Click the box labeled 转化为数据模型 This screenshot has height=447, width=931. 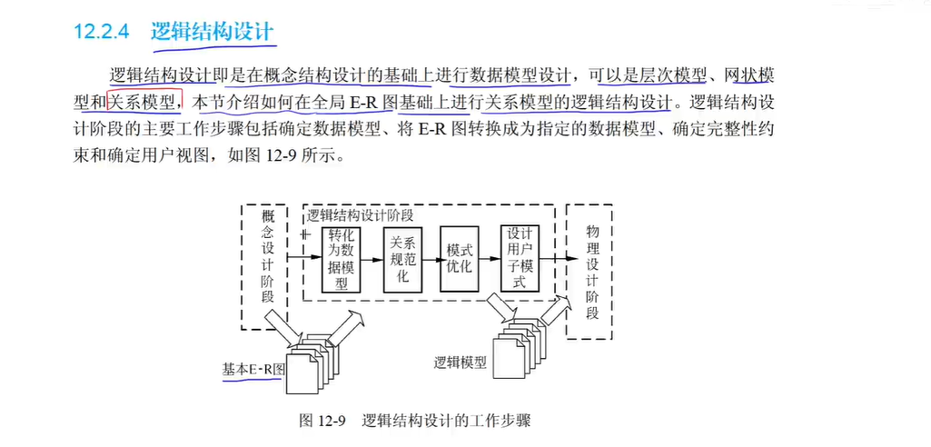coord(342,259)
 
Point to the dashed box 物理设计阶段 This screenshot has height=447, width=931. coord(591,269)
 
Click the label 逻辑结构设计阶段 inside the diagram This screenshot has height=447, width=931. coord(361,215)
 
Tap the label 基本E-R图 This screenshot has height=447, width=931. coord(254,370)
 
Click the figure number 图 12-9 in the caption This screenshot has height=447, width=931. coord(323,422)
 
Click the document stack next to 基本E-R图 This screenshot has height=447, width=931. coord(308,364)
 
